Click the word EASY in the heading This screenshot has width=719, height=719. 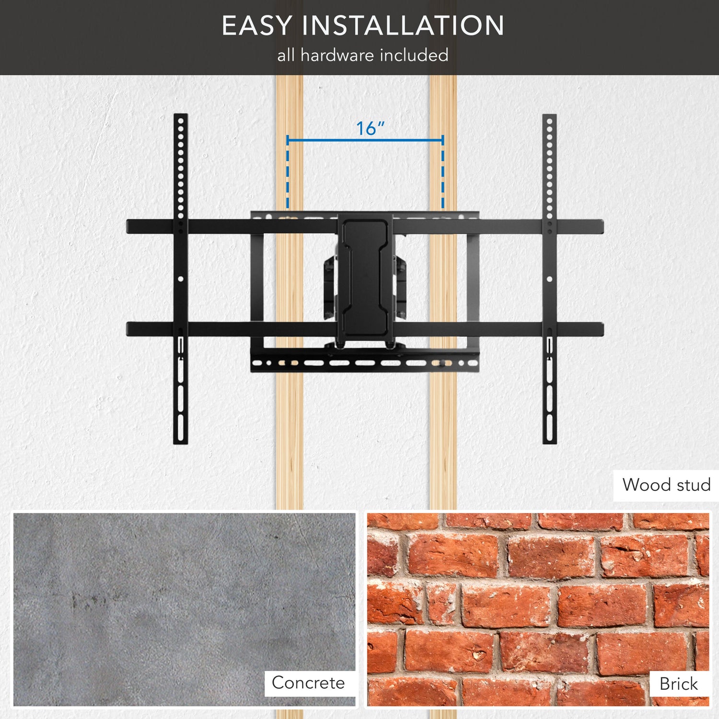256,26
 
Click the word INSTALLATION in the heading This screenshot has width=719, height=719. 404,26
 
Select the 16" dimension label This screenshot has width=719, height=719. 370,128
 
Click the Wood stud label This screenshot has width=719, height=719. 666,485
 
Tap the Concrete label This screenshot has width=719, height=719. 308,683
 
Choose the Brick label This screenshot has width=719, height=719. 678,684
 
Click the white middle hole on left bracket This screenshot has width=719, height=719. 181,278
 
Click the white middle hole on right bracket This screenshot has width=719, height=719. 549,278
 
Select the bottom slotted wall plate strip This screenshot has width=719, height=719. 364,363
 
